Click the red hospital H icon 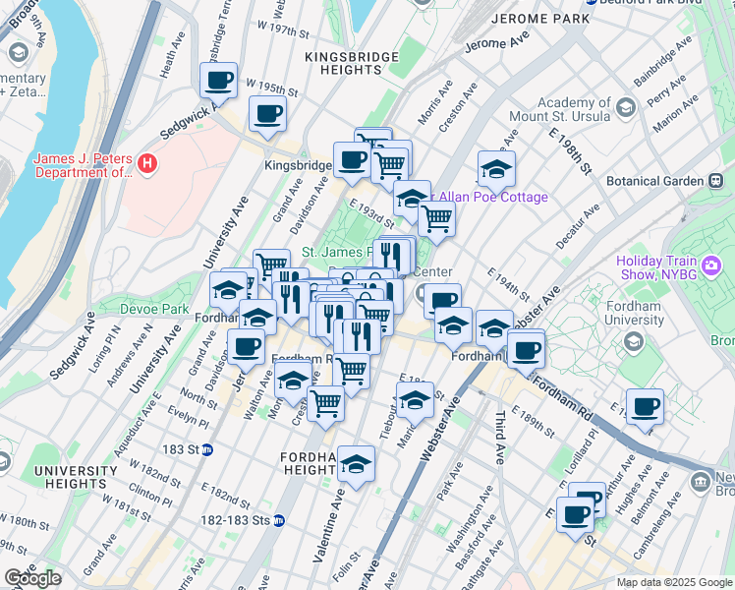[147, 162]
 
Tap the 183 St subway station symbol [223, 449]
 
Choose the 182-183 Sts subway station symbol [279, 521]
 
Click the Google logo [32, 578]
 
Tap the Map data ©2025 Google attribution [674, 582]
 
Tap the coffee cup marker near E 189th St [645, 407]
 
